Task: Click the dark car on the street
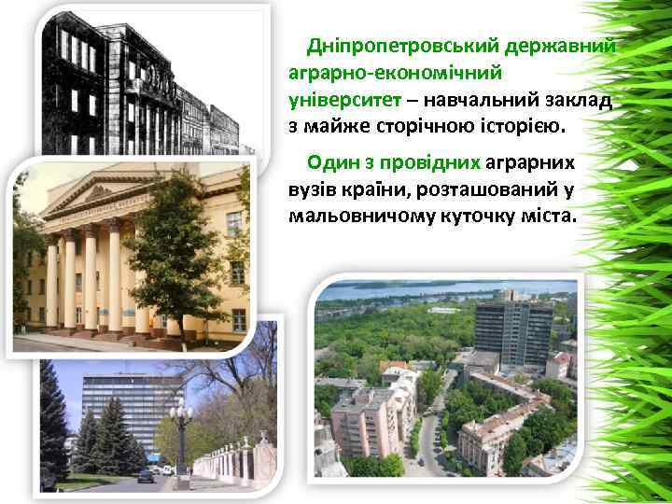(x=147, y=476)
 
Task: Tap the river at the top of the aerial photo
(x=448, y=286)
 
